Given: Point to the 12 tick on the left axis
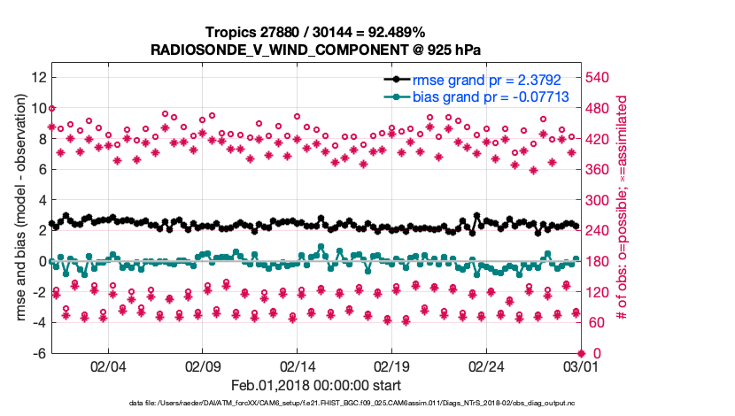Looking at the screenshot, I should click(x=38, y=77).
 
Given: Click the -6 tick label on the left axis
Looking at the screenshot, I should click(x=38, y=353).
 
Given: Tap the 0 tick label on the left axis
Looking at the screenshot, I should click(x=42, y=261).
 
